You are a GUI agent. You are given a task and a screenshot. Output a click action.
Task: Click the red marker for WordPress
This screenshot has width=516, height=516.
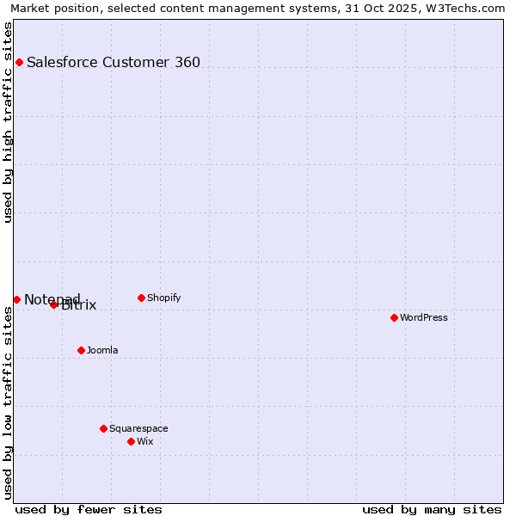[394, 317]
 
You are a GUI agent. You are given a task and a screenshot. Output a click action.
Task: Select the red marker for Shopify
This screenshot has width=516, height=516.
[141, 298]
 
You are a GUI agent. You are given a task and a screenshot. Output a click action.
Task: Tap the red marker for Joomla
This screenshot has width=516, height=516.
[81, 350]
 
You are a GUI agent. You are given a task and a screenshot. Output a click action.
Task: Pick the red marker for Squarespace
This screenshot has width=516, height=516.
[103, 428]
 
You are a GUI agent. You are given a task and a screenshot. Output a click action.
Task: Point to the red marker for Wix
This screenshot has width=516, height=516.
[131, 441]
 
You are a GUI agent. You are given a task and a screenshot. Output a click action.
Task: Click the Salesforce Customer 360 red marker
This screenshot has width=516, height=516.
[19, 62]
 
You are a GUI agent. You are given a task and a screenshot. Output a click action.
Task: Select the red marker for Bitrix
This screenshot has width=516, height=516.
[53, 304]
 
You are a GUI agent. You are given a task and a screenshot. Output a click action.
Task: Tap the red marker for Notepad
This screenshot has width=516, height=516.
[16, 299]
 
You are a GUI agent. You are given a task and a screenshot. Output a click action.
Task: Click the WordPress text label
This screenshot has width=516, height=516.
[424, 317]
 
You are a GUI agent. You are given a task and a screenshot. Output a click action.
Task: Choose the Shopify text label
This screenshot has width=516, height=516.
[163, 298]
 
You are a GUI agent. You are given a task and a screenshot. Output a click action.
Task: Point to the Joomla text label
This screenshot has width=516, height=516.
[102, 350]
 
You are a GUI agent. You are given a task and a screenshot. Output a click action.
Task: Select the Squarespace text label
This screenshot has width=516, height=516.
[138, 428]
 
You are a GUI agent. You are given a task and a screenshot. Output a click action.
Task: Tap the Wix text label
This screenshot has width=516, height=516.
[144, 441]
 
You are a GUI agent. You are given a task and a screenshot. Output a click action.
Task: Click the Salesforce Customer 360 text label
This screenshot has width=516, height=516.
[114, 62]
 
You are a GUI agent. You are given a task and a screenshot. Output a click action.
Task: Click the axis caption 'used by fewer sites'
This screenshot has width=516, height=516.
[89, 509]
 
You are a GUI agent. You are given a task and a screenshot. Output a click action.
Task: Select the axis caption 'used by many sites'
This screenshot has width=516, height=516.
[432, 509]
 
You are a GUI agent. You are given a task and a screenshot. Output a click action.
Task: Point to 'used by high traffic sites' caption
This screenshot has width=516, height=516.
[9, 122]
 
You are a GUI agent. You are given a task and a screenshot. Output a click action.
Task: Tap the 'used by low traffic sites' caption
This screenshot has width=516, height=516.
[9, 402]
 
